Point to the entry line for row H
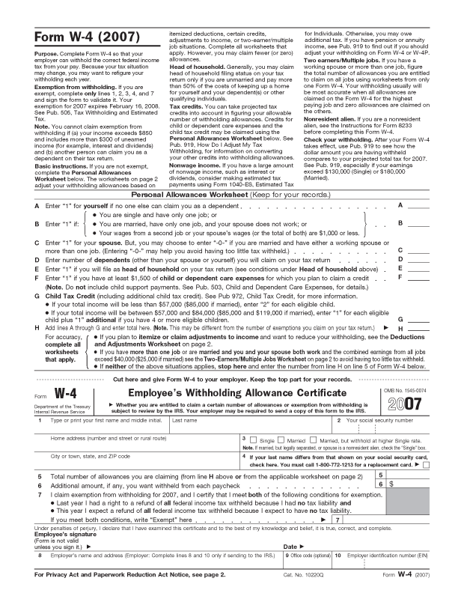[x=418, y=329]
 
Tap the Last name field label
[x=185, y=420]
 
